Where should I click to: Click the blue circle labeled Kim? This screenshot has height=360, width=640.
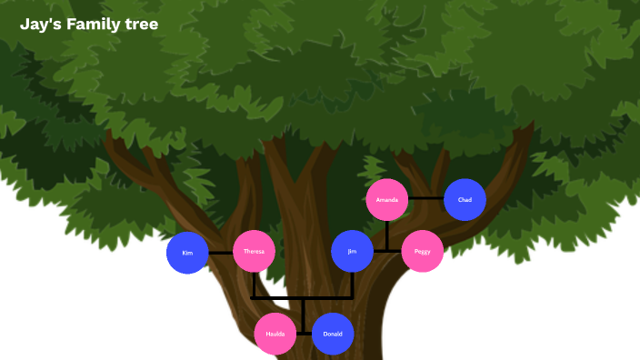coord(187,252)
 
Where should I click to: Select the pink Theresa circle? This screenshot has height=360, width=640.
coord(254,251)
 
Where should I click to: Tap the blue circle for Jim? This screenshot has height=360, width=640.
coord(352,251)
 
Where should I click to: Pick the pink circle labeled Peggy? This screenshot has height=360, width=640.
coord(422,251)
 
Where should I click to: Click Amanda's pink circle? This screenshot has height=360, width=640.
coord(387,199)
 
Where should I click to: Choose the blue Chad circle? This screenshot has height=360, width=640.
coord(465,199)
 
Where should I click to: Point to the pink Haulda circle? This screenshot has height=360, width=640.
coord(275,334)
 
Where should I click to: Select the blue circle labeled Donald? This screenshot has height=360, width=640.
coord(333,334)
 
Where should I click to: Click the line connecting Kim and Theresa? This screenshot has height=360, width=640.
coord(221,252)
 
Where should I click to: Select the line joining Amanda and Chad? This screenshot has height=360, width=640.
coord(426,198)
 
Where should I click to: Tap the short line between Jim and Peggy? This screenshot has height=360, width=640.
coord(387,251)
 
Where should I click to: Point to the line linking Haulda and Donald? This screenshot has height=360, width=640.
coord(304,334)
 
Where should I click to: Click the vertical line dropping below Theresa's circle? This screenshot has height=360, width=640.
coord(253,285)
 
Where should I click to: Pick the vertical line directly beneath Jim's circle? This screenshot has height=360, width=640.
coord(352,285)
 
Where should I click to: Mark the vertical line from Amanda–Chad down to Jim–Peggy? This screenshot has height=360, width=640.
coord(387,235)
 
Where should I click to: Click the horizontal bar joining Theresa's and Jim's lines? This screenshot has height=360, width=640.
coord(302,297)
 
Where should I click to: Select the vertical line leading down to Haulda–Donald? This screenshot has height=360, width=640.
coord(303,315)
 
